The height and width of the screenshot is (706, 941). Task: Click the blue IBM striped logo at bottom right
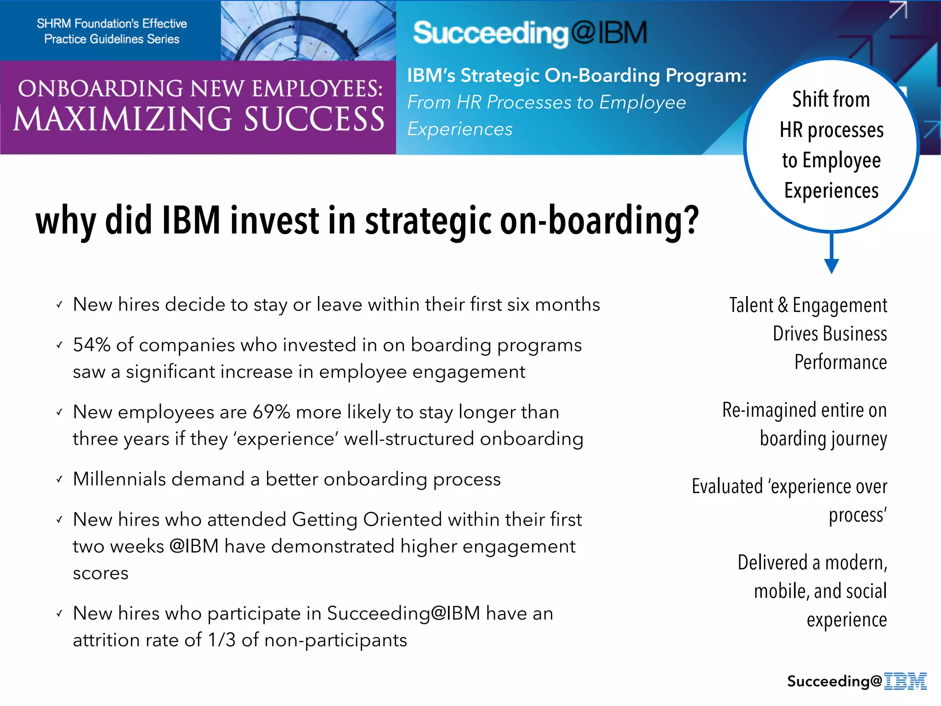(x=905, y=681)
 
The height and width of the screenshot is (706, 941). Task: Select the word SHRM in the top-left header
(x=53, y=23)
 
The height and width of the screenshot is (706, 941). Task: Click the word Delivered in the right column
(x=772, y=563)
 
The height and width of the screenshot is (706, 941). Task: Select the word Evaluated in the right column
(x=727, y=486)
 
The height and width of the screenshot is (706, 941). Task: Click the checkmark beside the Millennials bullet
(x=59, y=479)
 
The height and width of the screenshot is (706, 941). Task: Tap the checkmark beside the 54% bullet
(x=59, y=345)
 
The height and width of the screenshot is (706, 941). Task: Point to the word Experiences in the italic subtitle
(x=459, y=129)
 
